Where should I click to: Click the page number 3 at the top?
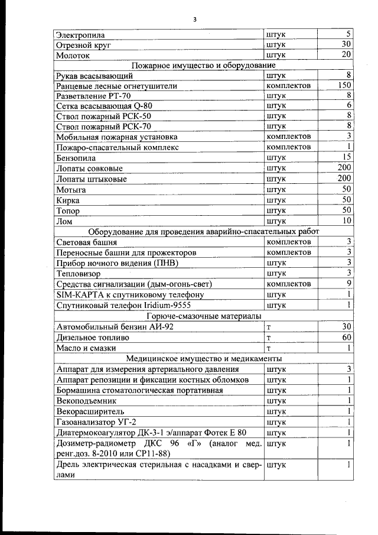(194, 20)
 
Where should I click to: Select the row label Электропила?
(80, 35)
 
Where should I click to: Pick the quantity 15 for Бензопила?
(347, 157)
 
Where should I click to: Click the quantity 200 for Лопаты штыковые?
(344, 179)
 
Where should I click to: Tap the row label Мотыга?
(71, 190)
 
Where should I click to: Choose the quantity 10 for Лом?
(347, 221)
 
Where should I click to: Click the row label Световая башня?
(86, 242)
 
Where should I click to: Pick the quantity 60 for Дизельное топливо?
(347, 337)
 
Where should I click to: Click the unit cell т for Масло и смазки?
(269, 348)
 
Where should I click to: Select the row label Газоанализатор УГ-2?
(95, 422)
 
